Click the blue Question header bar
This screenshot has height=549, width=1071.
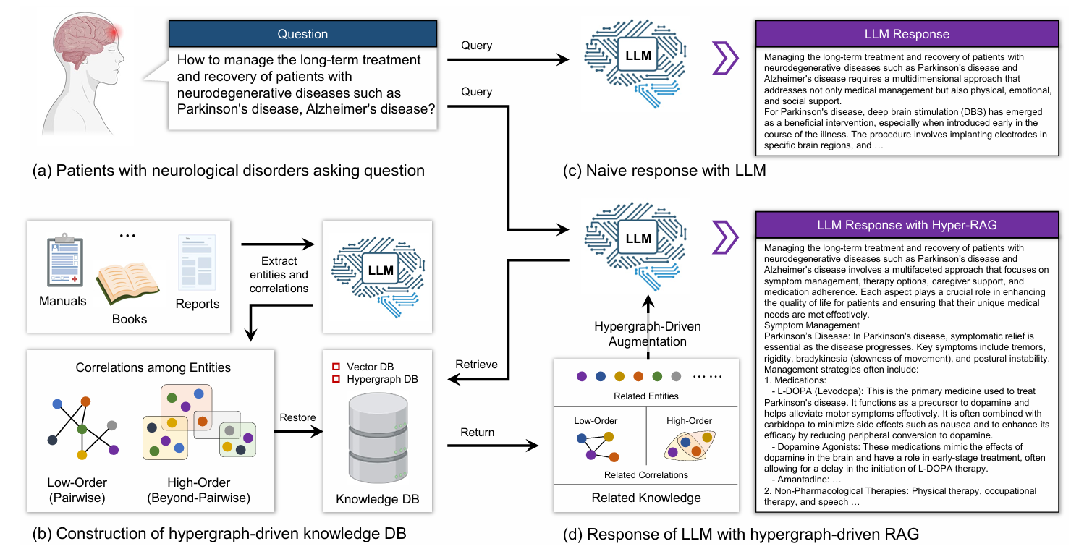pos(302,34)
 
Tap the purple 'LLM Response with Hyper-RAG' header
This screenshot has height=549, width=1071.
pos(907,225)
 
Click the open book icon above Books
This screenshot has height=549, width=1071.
pos(127,282)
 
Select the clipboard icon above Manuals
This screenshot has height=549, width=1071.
pos(65,260)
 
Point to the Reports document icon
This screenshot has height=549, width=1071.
pos(197,263)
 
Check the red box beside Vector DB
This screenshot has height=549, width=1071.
pos(336,367)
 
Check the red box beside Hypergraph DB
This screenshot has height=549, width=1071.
pos(336,379)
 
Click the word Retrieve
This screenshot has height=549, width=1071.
pos(476,364)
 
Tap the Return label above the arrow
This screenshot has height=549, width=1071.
pos(477,432)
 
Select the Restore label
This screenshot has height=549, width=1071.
pos(297,417)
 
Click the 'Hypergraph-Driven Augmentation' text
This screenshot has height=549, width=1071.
pos(648,333)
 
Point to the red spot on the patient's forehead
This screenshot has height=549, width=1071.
pos(114,33)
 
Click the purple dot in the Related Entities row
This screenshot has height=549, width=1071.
pos(581,377)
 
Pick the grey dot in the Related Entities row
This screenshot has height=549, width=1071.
pos(676,377)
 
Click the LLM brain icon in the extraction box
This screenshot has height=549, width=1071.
pos(378,276)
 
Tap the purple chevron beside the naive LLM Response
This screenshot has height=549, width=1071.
pos(725,59)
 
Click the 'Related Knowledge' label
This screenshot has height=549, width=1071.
pos(646,498)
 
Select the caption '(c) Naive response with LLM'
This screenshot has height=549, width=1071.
pos(664,170)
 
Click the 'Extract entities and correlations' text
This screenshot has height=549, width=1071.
pos(279,275)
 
